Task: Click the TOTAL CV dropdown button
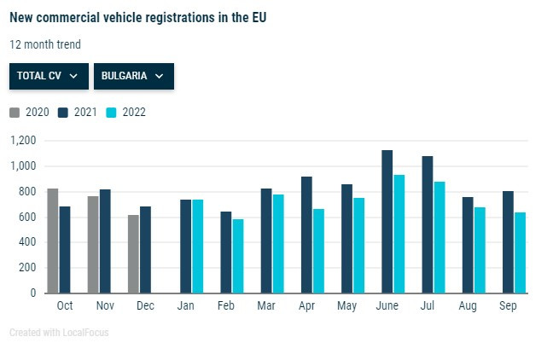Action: (49, 76)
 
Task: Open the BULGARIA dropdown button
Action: (133, 76)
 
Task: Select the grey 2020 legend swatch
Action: (14, 112)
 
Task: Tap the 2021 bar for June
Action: (387, 222)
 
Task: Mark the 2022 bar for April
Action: (318, 251)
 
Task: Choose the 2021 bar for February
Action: (226, 253)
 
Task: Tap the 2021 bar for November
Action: (105, 241)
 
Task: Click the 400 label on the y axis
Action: (28, 242)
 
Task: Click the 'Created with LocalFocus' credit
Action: (59, 332)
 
